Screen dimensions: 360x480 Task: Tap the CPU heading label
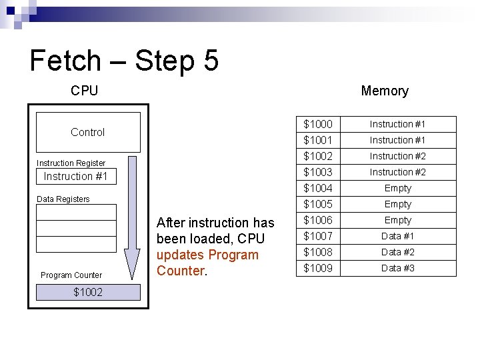point(84,91)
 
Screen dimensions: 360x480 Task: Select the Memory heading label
point(384,91)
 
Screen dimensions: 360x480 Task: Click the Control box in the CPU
point(88,132)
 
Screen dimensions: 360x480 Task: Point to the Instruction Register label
point(71,163)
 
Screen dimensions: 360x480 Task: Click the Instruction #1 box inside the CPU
point(75,177)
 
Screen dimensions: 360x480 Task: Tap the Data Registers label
point(63,199)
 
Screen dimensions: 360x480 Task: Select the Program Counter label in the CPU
point(71,275)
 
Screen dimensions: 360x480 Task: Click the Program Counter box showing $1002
point(88,292)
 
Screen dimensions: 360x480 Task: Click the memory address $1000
point(318,125)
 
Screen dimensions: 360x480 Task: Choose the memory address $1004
point(318,189)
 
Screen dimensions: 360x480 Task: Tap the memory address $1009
point(318,269)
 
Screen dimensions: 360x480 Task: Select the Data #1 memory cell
point(397,236)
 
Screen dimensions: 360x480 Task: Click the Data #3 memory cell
point(397,268)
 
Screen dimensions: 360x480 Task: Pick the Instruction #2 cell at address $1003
point(397,172)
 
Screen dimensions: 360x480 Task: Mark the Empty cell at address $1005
point(397,204)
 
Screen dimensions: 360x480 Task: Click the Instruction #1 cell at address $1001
point(397,140)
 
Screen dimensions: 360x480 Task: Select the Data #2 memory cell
point(397,252)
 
